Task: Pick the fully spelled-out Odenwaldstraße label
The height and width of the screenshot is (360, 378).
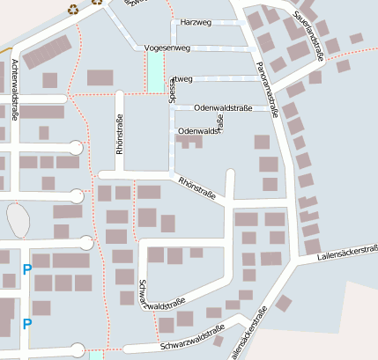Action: pyautogui.click(x=222, y=107)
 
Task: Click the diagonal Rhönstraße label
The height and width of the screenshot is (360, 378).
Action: pyautogui.click(x=196, y=186)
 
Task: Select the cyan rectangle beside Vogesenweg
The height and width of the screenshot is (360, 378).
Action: pyautogui.click(x=156, y=70)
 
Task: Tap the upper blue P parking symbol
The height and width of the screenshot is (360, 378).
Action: pyautogui.click(x=26, y=269)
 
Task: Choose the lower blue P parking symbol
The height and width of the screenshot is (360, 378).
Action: pyautogui.click(x=26, y=323)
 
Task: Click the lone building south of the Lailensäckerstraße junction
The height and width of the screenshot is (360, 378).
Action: pyautogui.click(x=283, y=303)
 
